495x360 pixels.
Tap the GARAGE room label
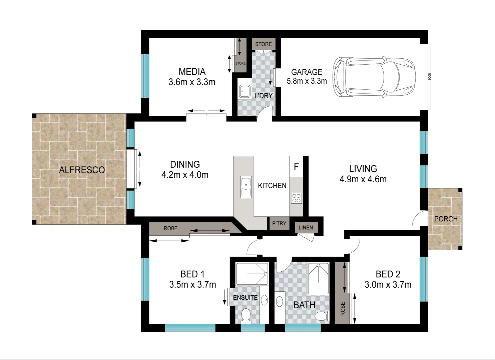coord(307,72)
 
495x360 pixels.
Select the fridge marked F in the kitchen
coord(296,167)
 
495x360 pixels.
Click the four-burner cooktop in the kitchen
coord(296,198)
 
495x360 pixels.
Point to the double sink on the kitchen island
coord(246,187)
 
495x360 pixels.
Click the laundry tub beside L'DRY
coord(244,92)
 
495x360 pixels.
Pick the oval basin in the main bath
coord(279,301)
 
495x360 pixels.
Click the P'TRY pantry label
coord(279,224)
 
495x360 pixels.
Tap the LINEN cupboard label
coord(306,227)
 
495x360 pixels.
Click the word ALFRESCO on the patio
coord(82,170)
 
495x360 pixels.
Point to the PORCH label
coord(446,219)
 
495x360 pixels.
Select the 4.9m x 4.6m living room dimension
coord(363,179)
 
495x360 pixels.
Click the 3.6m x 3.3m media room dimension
coord(192,82)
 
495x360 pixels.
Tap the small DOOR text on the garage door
coord(430,76)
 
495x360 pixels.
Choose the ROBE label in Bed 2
coord(343,309)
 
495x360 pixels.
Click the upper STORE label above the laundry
coord(264,44)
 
